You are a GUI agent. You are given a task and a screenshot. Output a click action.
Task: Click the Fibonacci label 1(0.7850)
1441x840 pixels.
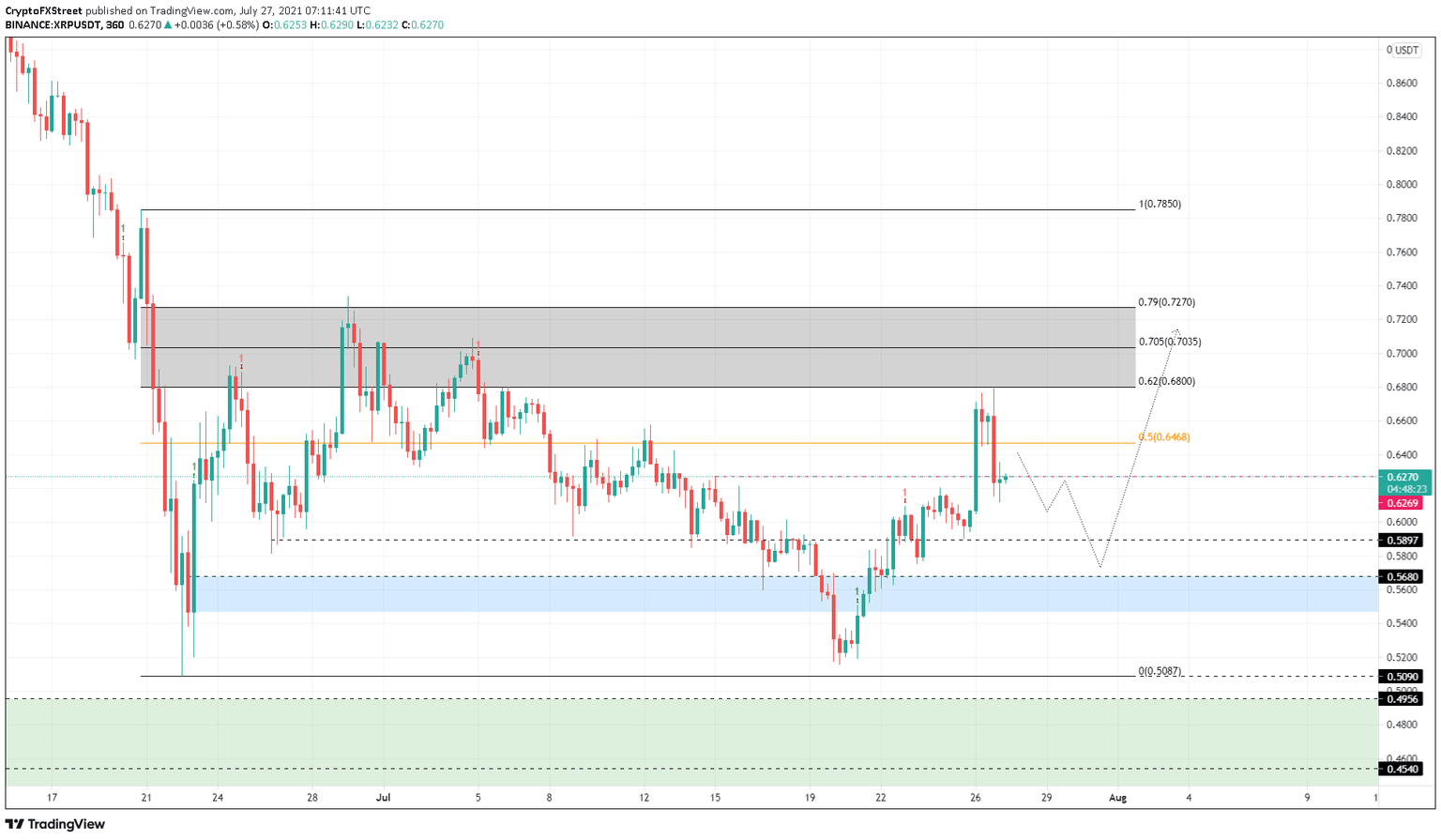[x=1160, y=204]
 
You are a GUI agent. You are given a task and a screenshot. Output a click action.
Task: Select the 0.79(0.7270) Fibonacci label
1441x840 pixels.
[x=1166, y=302]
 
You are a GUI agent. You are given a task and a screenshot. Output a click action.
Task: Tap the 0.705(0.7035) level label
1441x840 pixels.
[x=1169, y=342]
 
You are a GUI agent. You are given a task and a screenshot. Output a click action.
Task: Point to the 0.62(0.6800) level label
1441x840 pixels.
[x=1166, y=381]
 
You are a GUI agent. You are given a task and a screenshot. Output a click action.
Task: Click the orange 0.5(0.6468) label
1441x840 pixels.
[x=1163, y=436]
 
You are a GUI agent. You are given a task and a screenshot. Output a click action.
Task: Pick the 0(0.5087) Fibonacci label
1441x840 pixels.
[x=1160, y=671]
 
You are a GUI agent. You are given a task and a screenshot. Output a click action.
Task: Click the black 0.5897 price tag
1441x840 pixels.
[x=1400, y=541]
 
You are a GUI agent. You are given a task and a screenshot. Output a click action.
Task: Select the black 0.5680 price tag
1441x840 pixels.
[x=1400, y=577]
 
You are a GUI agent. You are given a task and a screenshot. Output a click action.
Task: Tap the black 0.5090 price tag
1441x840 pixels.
[x=1400, y=677]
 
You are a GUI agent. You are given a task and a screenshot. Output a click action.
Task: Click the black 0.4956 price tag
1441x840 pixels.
[x=1400, y=699]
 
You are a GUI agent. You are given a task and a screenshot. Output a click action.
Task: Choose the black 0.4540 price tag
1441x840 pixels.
[x=1400, y=770]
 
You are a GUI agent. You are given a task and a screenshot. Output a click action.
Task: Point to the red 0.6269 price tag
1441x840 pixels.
[x=1403, y=503]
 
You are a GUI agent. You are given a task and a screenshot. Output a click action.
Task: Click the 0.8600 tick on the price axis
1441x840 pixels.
[x=1403, y=84]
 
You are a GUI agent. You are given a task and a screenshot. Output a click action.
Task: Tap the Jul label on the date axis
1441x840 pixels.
[x=383, y=798]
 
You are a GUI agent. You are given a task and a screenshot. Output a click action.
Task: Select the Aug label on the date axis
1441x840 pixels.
[x=1116, y=798]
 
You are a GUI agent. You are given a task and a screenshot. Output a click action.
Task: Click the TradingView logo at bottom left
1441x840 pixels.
[x=56, y=824]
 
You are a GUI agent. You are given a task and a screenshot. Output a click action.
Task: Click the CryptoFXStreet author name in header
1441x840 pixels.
[x=43, y=10]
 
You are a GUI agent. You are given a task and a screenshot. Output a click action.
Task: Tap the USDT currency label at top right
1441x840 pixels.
[x=1405, y=50]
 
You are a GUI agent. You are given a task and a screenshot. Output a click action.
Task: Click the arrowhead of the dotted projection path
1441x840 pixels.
[x=1176, y=330]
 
